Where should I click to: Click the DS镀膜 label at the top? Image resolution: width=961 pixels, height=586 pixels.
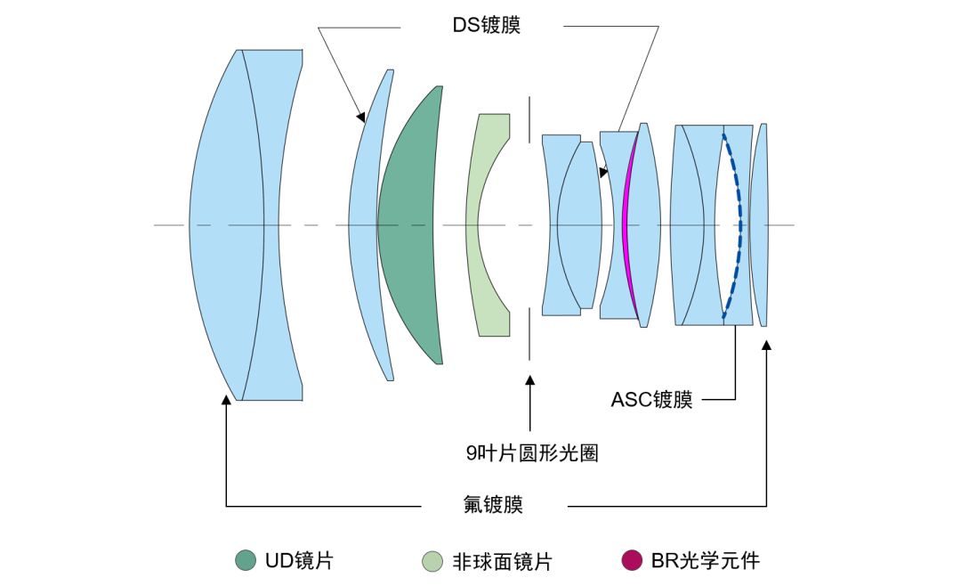pos(485,26)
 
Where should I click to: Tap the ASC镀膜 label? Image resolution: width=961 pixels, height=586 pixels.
pos(651,400)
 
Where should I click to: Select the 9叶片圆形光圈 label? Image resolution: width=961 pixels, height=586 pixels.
pos(532,453)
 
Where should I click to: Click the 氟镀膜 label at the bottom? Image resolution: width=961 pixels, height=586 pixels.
pos(493,505)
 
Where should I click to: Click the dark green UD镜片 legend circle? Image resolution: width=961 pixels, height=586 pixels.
pos(246,561)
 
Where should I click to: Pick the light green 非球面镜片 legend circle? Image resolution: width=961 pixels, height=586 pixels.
pos(432,561)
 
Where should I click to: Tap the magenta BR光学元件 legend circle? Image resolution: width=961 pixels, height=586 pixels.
pos(632,561)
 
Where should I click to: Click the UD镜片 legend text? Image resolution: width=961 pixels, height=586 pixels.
pos(298,561)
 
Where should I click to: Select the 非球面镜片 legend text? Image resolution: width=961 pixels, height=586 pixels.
pos(502,561)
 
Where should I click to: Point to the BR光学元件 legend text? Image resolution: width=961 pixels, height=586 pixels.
pos(706,561)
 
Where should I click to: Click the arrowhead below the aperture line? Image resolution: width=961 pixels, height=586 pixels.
pos(530,380)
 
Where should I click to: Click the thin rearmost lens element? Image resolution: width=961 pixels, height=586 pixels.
pos(759,224)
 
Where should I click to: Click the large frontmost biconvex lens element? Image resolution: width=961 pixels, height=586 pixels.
pos(227,224)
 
